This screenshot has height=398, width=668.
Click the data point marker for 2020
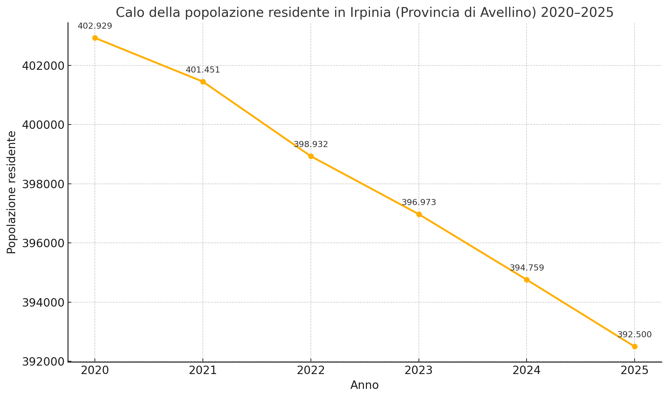[x=95, y=38]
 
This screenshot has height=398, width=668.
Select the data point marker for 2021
[x=203, y=82]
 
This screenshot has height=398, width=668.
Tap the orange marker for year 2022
[x=311, y=156]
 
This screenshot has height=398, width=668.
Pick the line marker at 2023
[x=419, y=214]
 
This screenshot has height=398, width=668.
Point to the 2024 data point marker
[x=527, y=280]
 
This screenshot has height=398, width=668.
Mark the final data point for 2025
[x=635, y=346]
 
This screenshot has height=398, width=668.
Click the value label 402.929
[x=95, y=26]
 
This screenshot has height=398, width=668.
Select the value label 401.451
[x=203, y=70]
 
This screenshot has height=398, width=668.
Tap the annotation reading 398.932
[x=311, y=144]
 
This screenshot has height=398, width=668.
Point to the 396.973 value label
[x=419, y=202]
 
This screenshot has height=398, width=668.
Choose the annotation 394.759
[x=527, y=268]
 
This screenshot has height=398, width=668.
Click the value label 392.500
[x=635, y=335]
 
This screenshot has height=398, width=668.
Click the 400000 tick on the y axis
[x=43, y=125]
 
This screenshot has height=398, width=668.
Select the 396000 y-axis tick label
[x=43, y=243]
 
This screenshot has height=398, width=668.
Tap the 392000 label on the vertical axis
[x=43, y=362]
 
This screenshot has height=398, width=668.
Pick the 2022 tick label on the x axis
[x=311, y=370]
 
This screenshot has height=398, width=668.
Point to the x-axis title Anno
[x=365, y=385]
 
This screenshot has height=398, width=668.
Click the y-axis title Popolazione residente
[x=11, y=192]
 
